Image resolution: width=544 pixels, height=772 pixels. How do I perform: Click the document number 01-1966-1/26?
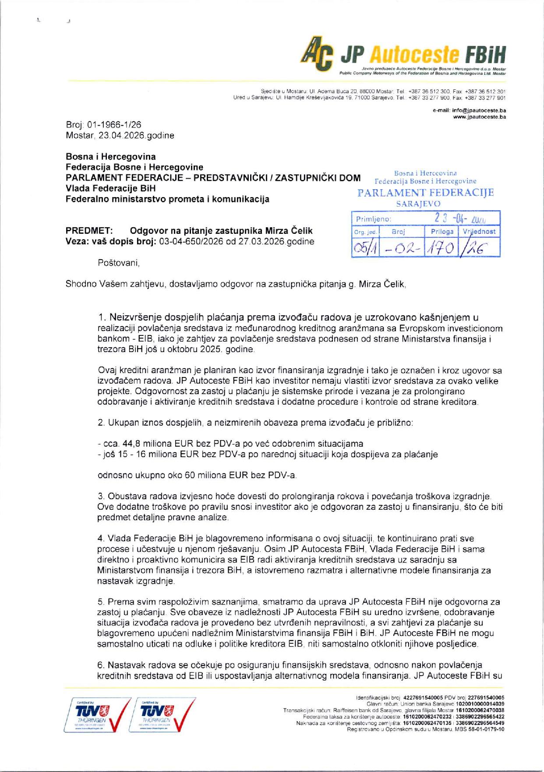pyautogui.click(x=114, y=125)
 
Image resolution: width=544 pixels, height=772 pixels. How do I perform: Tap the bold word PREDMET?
pyautogui.click(x=89, y=231)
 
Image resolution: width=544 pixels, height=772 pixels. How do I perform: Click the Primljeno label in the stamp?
pyautogui.click(x=373, y=219)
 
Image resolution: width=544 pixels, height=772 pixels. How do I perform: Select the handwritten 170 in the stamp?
pyautogui.click(x=441, y=248)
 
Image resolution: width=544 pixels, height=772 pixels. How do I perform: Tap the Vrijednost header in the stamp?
pyautogui.click(x=479, y=231)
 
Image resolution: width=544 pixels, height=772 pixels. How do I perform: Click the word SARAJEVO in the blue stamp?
pyautogui.click(x=418, y=204)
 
